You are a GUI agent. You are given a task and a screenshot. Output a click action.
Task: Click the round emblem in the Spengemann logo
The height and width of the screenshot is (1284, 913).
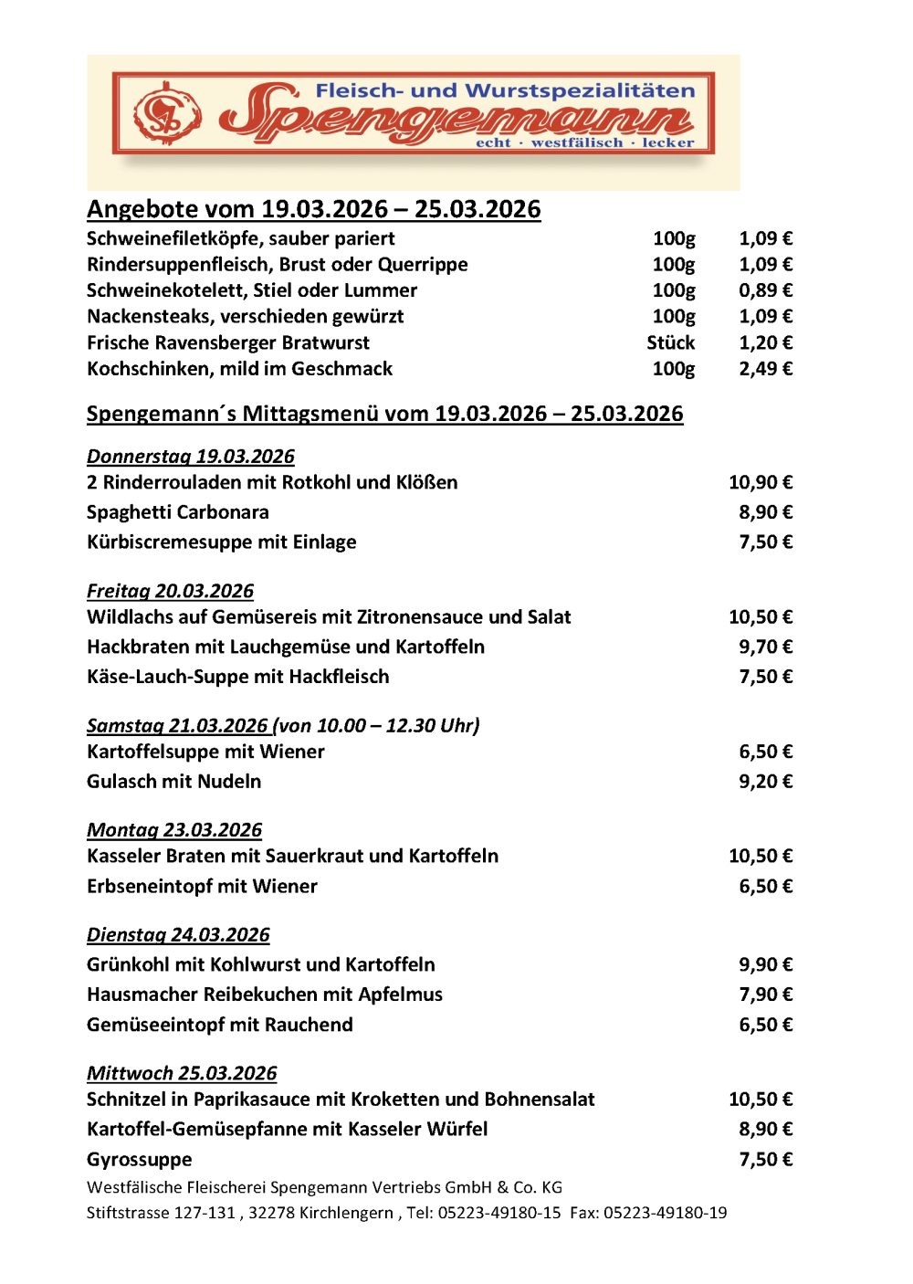167,114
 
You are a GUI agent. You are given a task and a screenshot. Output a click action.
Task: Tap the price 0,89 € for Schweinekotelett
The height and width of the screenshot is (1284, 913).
765,290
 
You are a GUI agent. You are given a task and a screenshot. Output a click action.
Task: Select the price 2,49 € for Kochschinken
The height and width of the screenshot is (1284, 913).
765,369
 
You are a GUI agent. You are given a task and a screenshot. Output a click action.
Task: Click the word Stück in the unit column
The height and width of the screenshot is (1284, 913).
671,342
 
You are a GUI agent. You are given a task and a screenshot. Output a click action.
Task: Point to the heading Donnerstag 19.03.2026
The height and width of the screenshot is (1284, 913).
191,457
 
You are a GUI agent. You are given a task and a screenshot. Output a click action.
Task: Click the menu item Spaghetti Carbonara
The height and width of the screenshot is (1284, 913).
178,512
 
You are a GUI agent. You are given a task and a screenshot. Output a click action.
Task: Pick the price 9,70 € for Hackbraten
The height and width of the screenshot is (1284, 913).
765,647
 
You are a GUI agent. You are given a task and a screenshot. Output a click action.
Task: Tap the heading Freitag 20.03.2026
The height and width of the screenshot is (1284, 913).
171,591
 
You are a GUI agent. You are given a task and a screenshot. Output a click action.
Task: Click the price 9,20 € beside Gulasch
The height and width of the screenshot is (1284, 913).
765,782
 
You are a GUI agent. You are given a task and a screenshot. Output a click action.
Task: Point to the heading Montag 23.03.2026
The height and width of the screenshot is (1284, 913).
174,830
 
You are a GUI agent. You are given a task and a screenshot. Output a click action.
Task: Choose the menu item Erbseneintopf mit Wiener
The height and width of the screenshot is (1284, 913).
202,887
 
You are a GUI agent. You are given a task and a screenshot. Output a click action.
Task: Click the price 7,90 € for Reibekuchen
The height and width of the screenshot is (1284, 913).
765,995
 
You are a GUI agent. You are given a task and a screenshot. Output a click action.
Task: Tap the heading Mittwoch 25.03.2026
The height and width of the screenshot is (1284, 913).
182,1073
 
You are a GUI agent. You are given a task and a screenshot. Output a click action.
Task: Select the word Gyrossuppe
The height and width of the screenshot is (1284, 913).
140,1160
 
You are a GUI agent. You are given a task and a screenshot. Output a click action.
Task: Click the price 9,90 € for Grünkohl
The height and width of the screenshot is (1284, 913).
765,965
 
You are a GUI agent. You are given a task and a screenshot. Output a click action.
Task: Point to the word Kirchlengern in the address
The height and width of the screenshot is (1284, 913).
348,1213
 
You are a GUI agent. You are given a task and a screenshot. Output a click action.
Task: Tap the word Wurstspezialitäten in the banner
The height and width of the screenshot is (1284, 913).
581,91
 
